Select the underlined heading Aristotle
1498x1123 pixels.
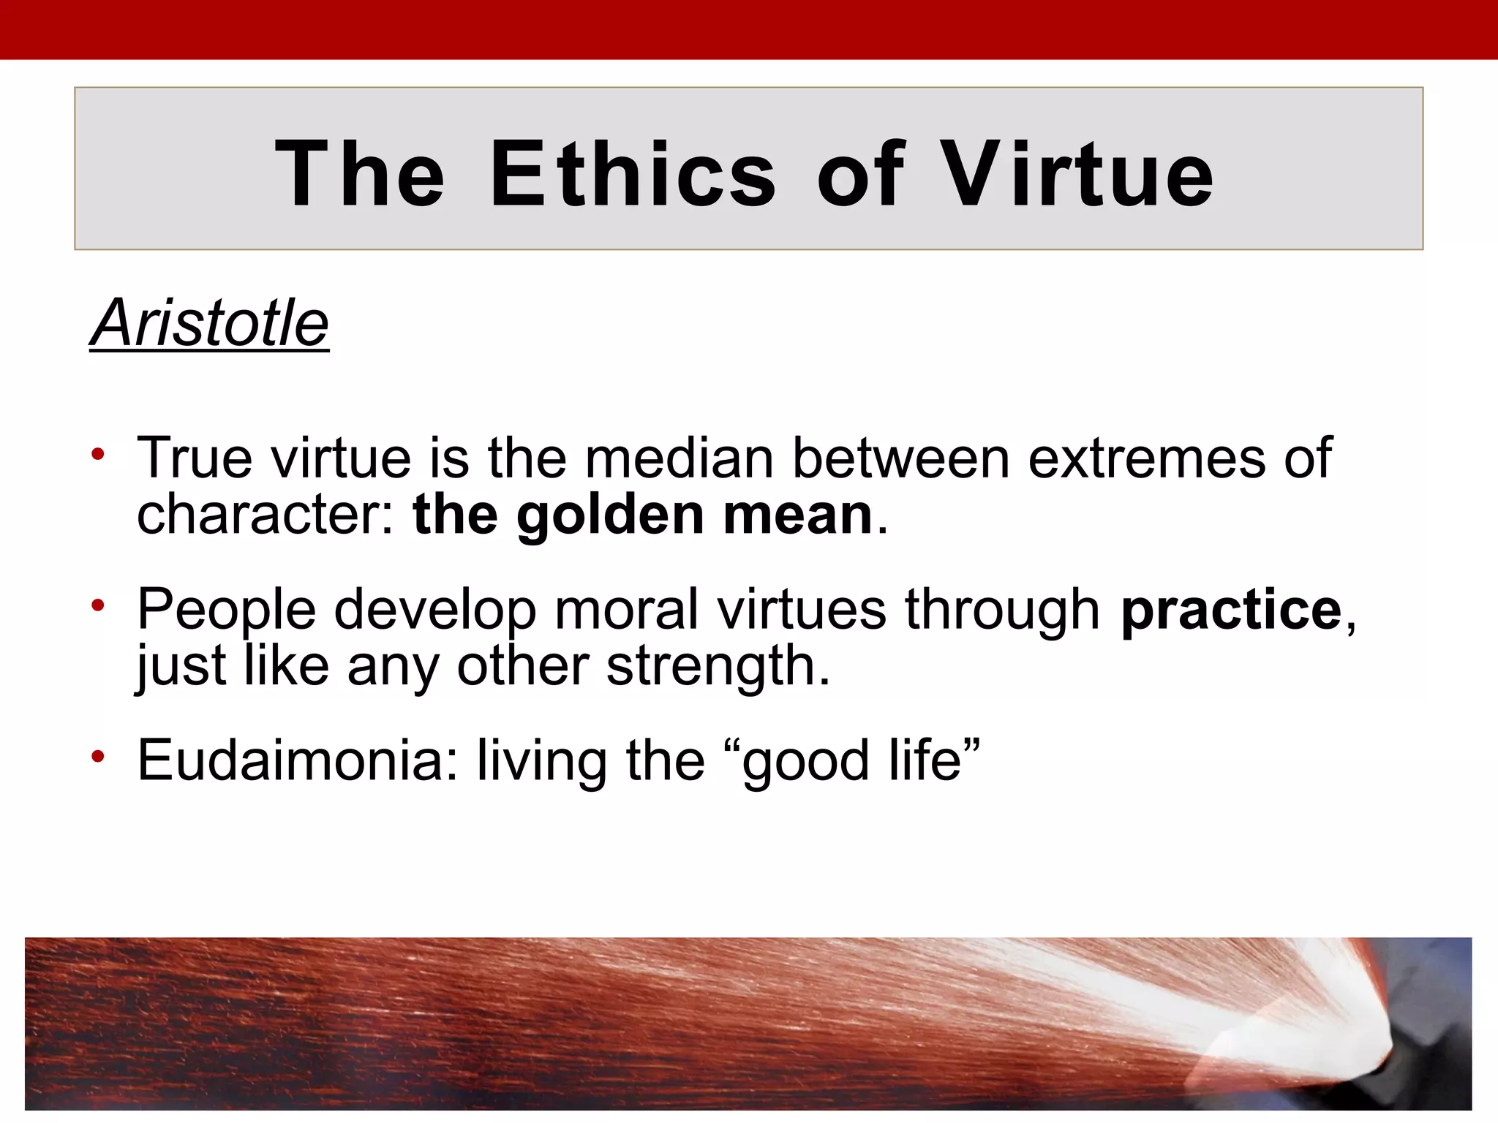click(210, 323)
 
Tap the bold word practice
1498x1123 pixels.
click(1231, 610)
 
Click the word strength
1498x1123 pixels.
click(718, 667)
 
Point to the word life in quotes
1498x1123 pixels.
click(925, 760)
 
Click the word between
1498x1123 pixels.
click(901, 458)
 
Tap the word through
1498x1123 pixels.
click(1002, 610)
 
